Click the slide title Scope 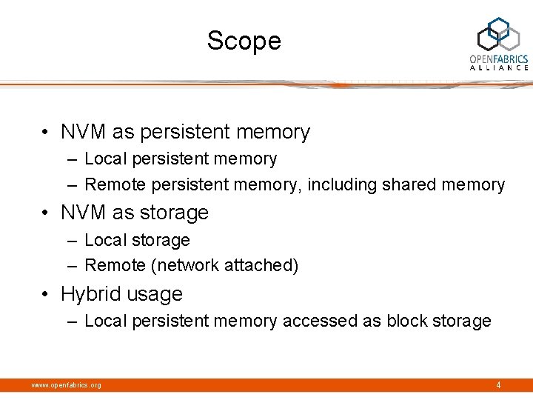click(244, 41)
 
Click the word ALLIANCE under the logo click(499, 67)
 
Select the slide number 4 click(498, 384)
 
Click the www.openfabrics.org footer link click(66, 385)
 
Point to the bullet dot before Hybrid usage click(46, 294)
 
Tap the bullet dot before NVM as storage click(46, 213)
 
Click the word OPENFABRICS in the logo click(499, 59)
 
